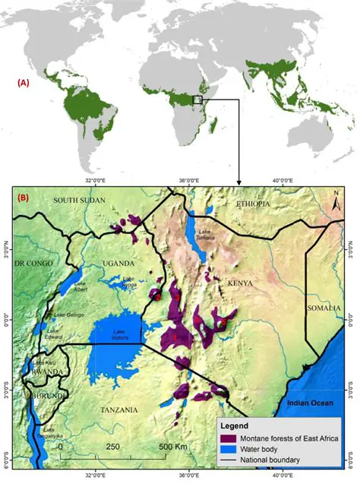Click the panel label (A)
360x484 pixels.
pyautogui.click(x=24, y=84)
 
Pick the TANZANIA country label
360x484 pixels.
pyautogui.click(x=120, y=410)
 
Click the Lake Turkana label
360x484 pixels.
pyautogui.click(x=208, y=236)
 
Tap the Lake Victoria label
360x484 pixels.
pyautogui.click(x=118, y=334)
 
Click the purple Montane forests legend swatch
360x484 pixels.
pyautogui.click(x=229, y=438)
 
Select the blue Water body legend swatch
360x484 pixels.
pyautogui.click(x=229, y=449)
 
